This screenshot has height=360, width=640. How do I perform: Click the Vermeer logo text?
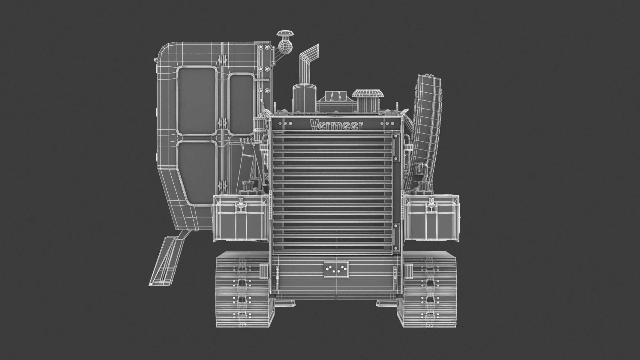pos(336,124)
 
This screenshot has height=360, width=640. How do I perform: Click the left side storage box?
pos(240,217)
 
